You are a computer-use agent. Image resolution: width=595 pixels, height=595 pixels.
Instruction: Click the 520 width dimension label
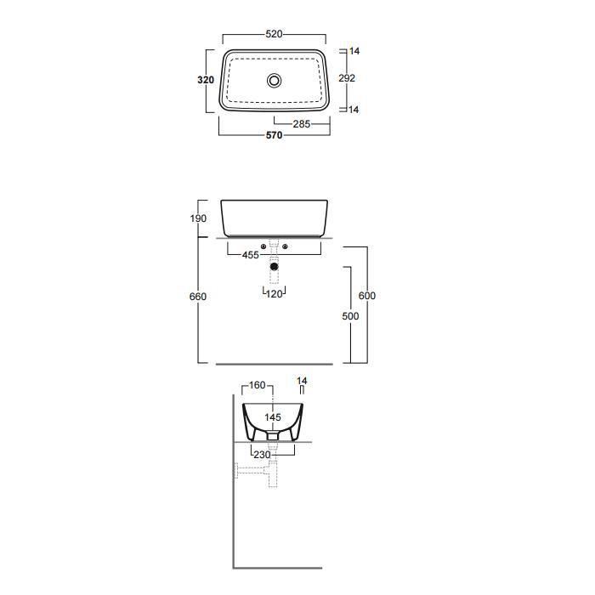[274, 34]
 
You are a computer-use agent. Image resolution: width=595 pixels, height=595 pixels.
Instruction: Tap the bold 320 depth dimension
[206, 80]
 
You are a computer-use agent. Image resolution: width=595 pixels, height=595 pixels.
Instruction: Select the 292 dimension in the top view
[347, 78]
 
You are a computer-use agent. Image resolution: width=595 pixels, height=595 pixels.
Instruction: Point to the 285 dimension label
[302, 124]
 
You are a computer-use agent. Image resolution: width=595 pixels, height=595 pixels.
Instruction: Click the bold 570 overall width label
[274, 135]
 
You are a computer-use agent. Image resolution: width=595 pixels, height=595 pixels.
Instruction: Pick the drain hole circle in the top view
[274, 81]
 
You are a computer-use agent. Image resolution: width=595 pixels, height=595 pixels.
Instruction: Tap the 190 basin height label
[198, 218]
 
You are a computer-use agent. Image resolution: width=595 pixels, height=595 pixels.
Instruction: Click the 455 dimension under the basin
[251, 255]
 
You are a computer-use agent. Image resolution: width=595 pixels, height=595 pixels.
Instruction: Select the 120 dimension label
[274, 294]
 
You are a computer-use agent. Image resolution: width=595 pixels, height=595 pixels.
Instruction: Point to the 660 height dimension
[198, 297]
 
